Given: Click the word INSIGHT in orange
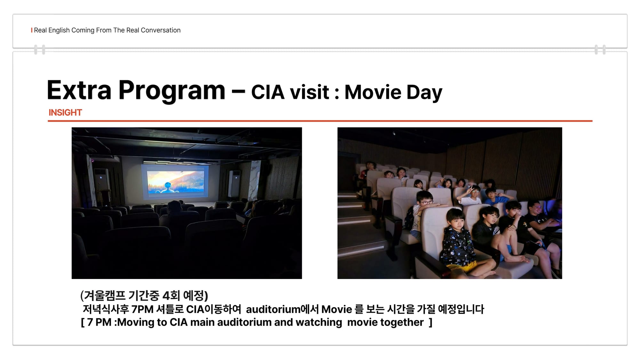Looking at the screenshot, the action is point(65,113).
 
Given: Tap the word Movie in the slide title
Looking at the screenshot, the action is point(373,92).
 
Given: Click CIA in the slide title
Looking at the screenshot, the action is point(268,92).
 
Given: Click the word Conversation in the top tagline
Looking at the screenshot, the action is point(161,30).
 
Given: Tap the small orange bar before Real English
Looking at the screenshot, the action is point(32,30).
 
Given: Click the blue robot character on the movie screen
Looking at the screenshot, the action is point(167,188).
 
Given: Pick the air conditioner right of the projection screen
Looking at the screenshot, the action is point(234,184).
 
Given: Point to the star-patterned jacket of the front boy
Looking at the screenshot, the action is point(457,246).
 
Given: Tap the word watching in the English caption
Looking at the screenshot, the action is point(319,322).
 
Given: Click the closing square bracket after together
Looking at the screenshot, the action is point(431,322).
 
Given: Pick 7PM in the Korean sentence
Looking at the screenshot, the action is point(142,309).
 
